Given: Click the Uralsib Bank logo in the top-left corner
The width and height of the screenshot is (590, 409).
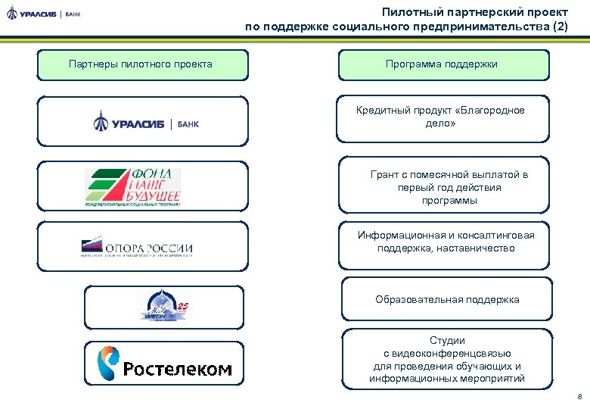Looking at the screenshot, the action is click(43, 14).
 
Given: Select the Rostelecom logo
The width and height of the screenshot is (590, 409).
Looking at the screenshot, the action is click(165, 364).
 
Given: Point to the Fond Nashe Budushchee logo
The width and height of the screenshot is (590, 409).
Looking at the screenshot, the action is click(133, 186).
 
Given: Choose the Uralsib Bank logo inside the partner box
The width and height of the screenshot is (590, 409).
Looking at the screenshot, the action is click(146, 122).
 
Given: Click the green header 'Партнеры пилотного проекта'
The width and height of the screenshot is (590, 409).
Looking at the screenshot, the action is click(141, 64).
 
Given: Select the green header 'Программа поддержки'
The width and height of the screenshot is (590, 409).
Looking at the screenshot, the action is click(442, 64).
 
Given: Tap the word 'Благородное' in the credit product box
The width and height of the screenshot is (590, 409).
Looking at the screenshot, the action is click(493, 111).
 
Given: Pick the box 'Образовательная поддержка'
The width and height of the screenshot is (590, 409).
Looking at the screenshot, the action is click(447, 300).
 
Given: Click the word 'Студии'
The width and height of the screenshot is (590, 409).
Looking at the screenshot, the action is click(447, 341).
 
